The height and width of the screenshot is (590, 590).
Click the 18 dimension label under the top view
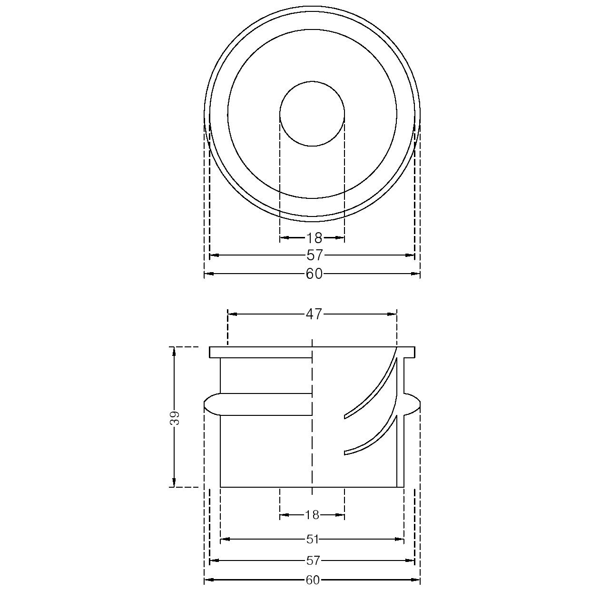(314, 237)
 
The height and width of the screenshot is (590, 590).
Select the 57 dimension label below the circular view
(315, 255)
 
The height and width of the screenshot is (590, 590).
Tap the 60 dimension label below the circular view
(314, 274)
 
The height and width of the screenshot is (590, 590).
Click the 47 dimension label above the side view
(314, 314)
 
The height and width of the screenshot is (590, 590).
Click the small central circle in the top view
(312, 81)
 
